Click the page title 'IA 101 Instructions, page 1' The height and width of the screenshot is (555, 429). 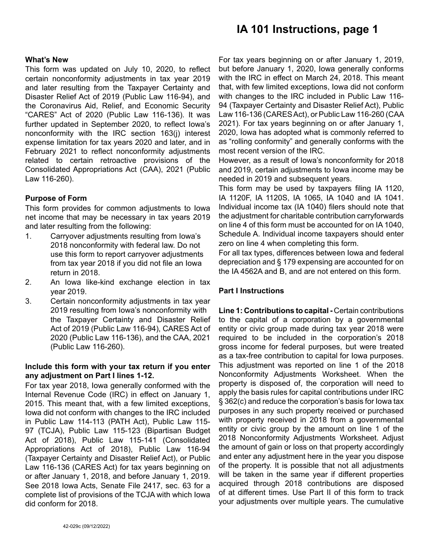tap(307, 30)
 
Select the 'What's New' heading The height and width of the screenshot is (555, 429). tap(47, 60)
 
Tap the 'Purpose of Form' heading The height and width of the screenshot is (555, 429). tap(56, 198)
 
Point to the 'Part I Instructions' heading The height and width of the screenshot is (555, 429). tap(251, 291)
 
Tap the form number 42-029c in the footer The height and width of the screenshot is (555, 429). tap(73, 526)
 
